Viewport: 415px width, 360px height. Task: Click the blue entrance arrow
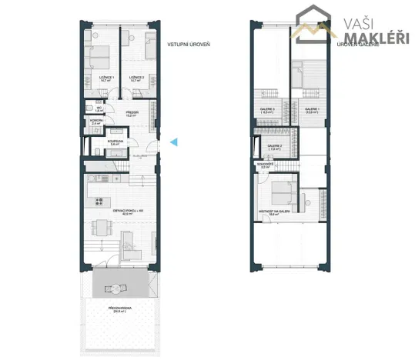tap(174, 142)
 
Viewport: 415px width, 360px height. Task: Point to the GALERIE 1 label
tap(311, 110)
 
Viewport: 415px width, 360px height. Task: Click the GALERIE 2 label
tap(275, 146)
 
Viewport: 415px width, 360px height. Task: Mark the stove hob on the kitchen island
tap(99, 202)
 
